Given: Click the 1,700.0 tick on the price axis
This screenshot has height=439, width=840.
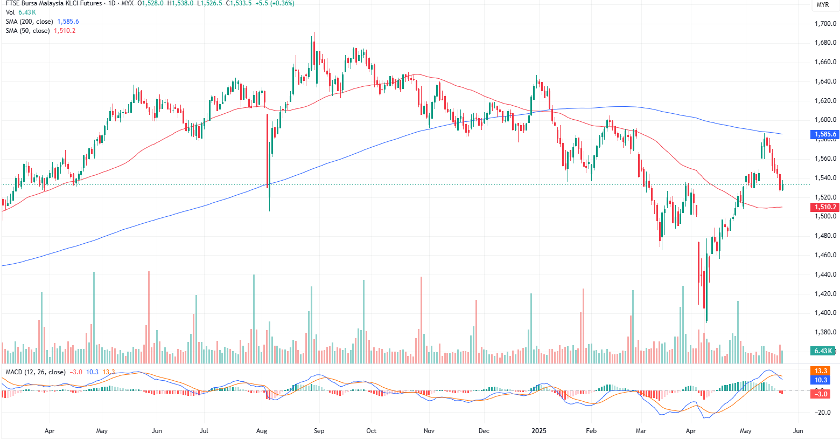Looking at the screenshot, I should [825, 24].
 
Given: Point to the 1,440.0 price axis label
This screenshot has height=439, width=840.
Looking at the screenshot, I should [825, 275].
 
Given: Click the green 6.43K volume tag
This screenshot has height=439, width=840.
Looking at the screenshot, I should [823, 351].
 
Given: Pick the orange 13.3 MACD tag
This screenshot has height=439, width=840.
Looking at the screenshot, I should [821, 371].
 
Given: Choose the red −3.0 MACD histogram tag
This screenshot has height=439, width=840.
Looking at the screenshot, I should [821, 394].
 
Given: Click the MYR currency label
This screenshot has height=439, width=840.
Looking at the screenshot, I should [823, 5].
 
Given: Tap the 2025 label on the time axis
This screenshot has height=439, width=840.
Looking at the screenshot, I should [538, 431].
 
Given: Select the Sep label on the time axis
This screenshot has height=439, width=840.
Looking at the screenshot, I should [319, 431].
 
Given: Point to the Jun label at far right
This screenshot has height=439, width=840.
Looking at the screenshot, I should [798, 431].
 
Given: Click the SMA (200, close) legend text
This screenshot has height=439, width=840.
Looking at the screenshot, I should [29, 22].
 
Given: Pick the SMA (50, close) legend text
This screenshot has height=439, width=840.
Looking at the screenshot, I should [27, 31].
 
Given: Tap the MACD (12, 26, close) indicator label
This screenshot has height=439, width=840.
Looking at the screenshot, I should [36, 372].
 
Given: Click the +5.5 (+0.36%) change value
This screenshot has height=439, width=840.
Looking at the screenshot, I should [275, 3].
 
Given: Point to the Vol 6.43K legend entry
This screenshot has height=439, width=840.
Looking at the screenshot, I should [20, 12].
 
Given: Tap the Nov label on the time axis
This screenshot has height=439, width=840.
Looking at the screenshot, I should [429, 431].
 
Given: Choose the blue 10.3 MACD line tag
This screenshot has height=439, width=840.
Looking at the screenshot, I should [821, 380].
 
